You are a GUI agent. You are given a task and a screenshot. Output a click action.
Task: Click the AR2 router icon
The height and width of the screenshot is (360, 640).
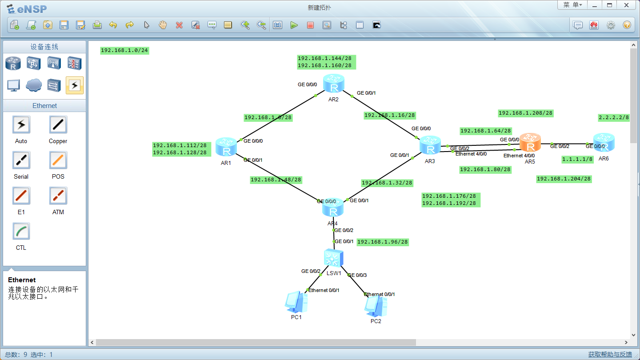(333, 83)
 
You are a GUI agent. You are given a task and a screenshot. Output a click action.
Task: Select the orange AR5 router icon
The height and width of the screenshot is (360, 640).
(530, 142)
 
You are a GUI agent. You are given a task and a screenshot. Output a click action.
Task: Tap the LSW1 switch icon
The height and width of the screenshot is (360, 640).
(334, 258)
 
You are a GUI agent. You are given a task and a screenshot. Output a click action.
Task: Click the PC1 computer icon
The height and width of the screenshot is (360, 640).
(296, 302)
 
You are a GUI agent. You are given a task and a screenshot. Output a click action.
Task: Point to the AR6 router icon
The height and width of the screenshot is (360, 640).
(604, 142)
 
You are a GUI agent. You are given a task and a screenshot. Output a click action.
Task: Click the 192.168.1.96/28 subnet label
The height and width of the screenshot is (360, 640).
(383, 242)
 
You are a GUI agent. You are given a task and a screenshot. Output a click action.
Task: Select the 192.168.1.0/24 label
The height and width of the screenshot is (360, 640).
(124, 51)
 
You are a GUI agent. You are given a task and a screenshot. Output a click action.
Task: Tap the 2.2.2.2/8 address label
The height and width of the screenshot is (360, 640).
(614, 117)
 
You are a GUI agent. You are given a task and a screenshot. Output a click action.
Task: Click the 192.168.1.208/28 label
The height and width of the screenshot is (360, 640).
(525, 113)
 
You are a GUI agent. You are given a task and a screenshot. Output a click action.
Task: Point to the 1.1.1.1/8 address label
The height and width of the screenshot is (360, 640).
(577, 160)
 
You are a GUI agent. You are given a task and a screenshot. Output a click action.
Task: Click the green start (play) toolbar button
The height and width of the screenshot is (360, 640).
(294, 25)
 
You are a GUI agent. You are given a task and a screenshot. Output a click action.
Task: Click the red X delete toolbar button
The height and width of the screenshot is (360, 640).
(179, 25)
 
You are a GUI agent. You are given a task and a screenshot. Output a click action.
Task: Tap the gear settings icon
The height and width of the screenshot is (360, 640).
(611, 25)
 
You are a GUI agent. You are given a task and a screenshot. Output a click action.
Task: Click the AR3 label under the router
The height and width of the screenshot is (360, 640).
(430, 161)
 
